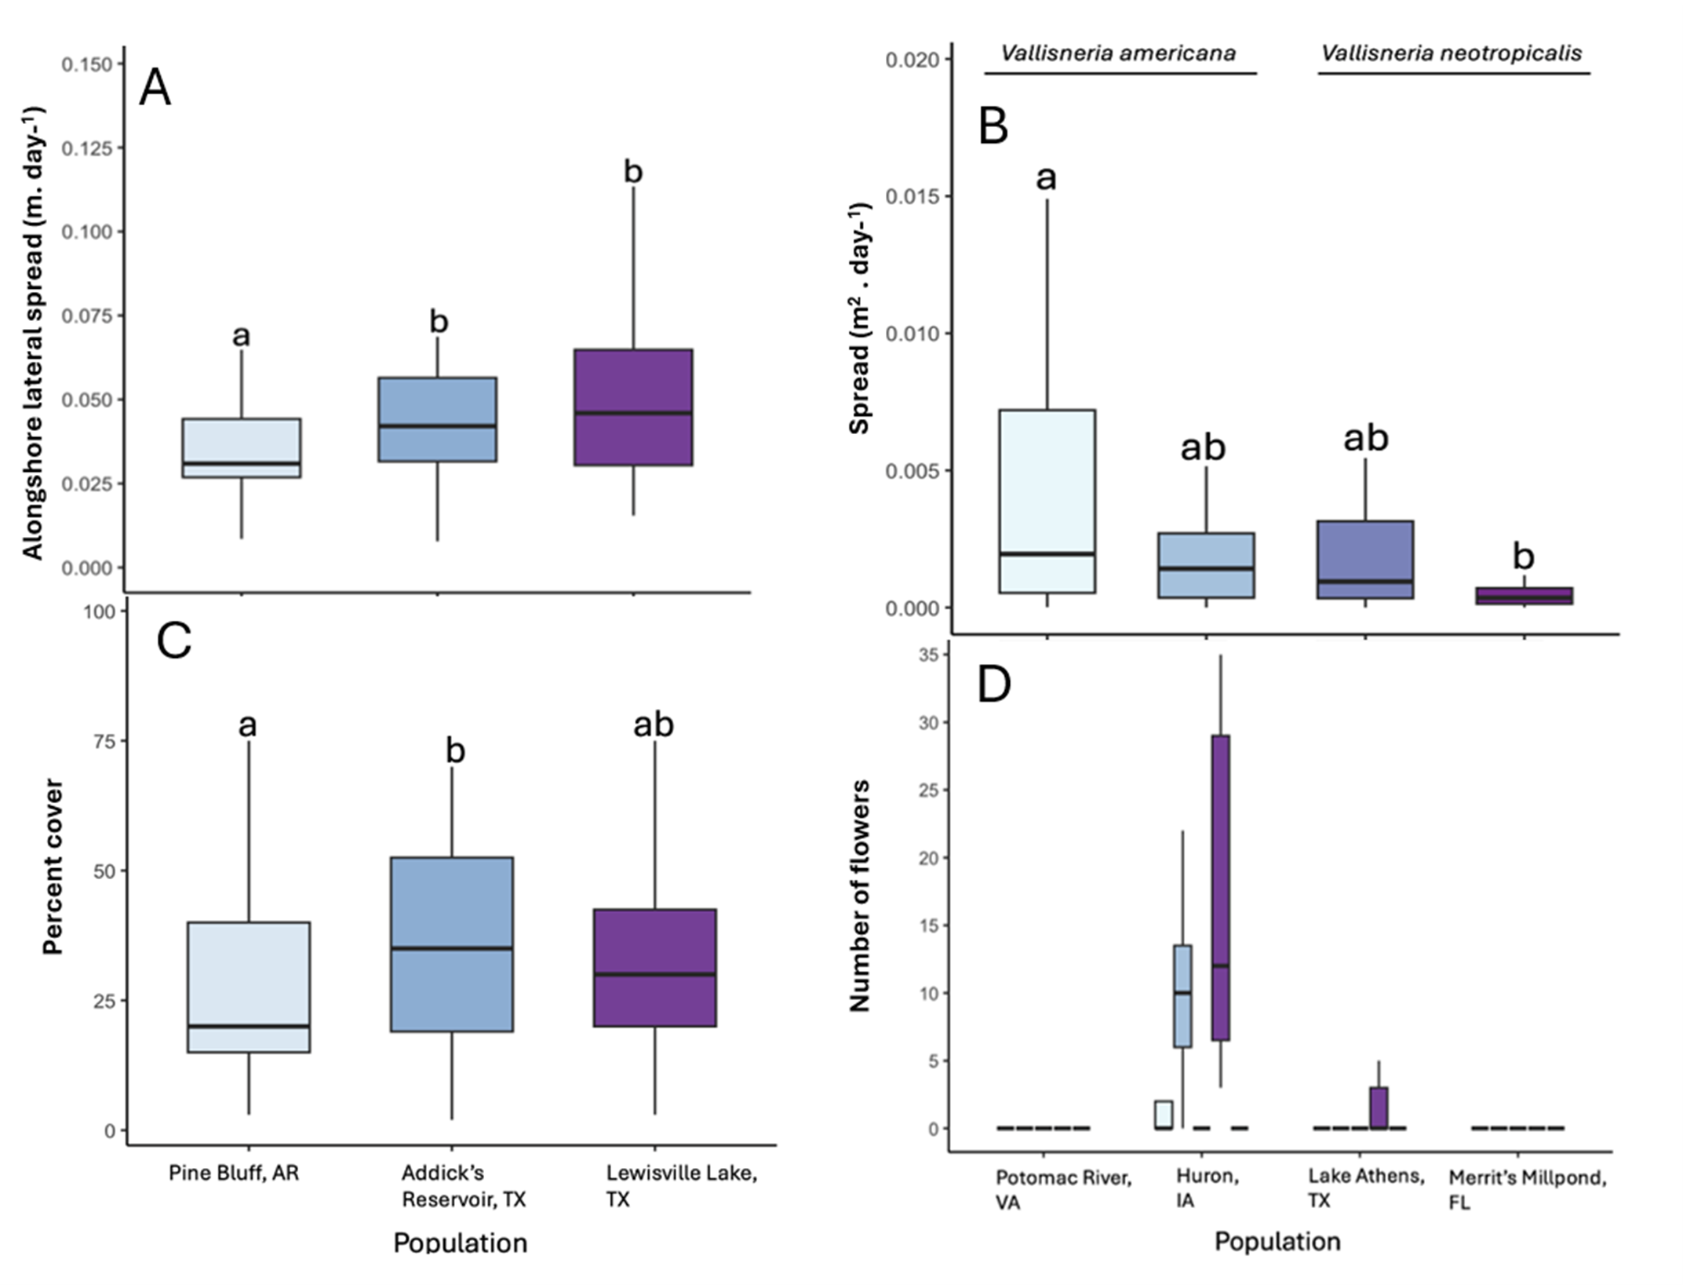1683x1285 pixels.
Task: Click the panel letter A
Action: point(155,88)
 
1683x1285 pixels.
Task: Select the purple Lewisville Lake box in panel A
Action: point(632,407)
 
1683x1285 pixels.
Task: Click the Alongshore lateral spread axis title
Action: point(33,334)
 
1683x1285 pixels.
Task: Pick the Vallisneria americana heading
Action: point(1117,53)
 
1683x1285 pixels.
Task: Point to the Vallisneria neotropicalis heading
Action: point(1451,53)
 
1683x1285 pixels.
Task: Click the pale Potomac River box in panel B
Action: point(1047,501)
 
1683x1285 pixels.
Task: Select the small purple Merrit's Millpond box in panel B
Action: point(1523,596)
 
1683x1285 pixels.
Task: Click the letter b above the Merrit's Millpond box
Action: point(1522,557)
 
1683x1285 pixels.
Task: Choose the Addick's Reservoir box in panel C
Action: point(451,944)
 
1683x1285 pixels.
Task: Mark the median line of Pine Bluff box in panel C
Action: point(248,1026)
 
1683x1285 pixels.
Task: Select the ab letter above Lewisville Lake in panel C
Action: point(653,724)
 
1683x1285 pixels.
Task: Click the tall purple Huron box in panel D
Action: point(1220,887)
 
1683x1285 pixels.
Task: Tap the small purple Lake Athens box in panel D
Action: point(1379,1107)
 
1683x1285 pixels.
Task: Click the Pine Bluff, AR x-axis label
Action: point(234,1174)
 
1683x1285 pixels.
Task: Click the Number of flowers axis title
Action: point(860,895)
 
